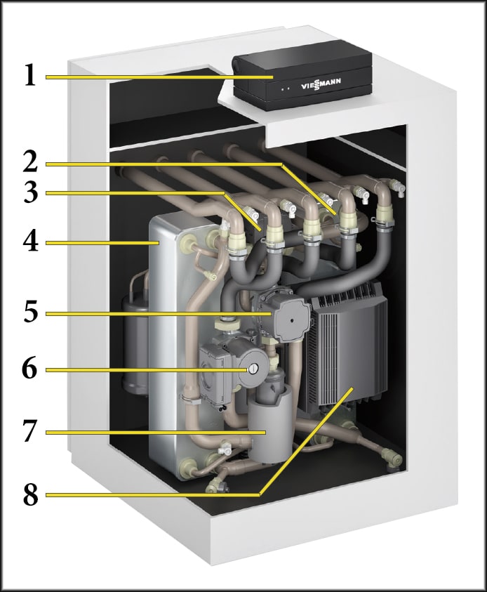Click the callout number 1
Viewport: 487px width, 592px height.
click(29, 75)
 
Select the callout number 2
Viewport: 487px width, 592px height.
click(29, 163)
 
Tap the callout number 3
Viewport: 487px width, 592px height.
click(29, 192)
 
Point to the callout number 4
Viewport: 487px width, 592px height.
click(29, 243)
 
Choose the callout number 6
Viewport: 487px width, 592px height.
click(29, 369)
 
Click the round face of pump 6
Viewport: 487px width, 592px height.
click(254, 367)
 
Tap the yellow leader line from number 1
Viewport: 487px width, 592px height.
click(154, 76)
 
